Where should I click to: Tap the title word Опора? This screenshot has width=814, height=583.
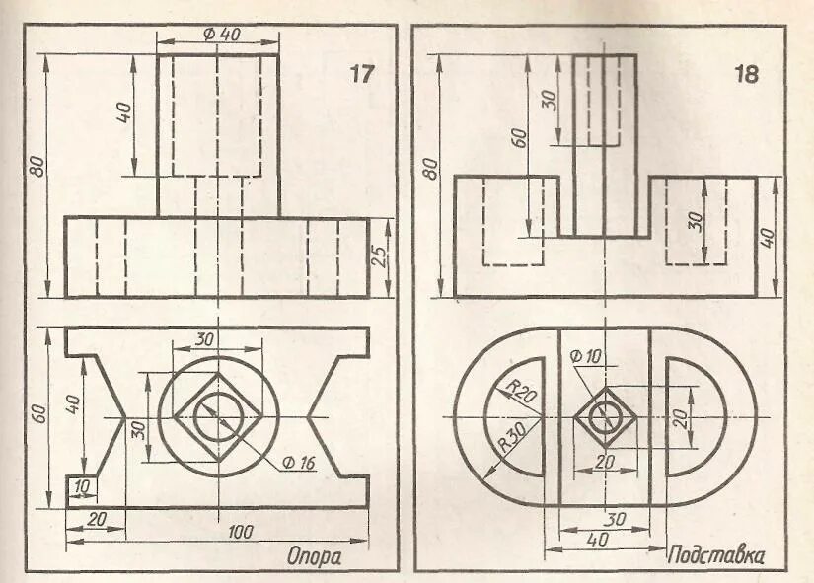314,556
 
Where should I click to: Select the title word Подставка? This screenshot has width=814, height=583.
717,555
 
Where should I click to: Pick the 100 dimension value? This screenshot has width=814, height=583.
240,532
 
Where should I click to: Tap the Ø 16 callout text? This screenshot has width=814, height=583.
296,462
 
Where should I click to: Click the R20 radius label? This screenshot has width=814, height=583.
520,388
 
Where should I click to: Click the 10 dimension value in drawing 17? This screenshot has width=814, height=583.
81,486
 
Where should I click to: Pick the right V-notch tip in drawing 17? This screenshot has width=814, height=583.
309,418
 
